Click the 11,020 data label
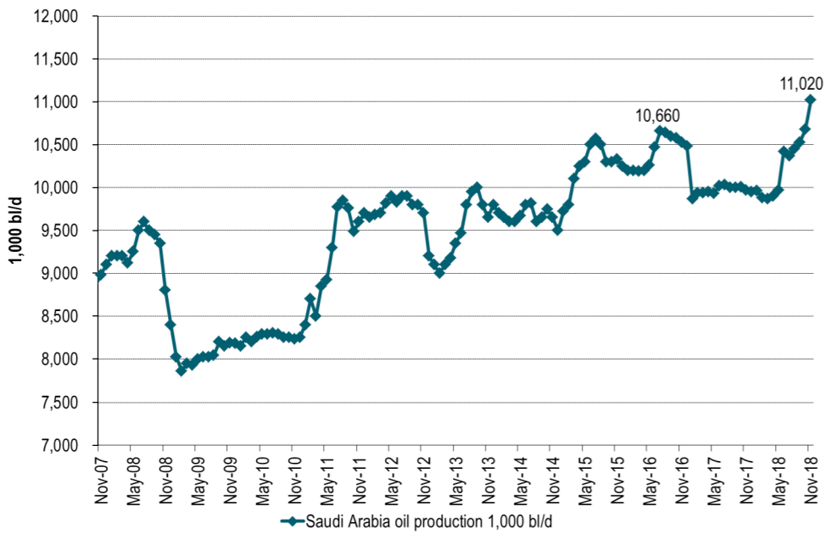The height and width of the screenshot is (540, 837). [x=801, y=84]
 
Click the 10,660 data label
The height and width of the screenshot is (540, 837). [x=658, y=116]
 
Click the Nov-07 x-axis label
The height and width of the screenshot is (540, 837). [x=98, y=479]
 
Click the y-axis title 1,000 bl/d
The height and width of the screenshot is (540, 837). [x=16, y=231]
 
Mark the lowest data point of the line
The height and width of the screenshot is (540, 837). [x=181, y=370]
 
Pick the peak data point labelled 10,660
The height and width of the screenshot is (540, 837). [x=660, y=131]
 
